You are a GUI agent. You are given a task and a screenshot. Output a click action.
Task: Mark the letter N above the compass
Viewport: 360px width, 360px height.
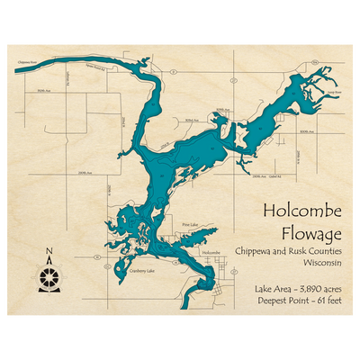(x=49, y=252)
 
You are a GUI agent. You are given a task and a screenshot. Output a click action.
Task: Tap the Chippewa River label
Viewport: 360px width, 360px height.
(x=28, y=63)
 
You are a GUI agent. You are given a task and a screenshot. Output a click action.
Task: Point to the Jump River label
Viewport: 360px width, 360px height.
(x=334, y=92)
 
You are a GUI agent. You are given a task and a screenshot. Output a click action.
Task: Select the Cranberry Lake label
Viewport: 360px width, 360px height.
(x=142, y=270)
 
